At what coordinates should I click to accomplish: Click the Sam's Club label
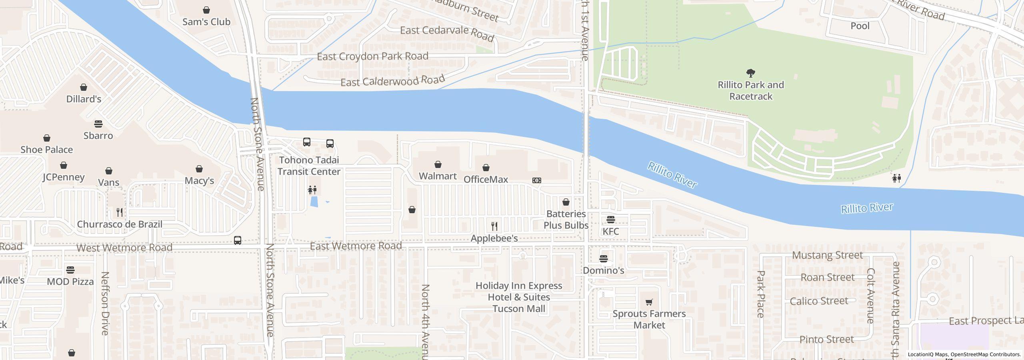click(x=206, y=22)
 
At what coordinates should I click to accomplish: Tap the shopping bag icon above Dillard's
click(x=84, y=87)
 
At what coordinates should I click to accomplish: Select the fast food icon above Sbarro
click(x=98, y=124)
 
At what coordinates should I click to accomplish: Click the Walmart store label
click(x=438, y=176)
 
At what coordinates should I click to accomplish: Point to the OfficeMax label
click(x=486, y=180)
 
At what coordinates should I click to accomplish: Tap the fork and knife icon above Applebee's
click(x=494, y=226)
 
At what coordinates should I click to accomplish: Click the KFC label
click(x=610, y=231)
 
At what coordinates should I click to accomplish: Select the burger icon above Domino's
click(x=604, y=258)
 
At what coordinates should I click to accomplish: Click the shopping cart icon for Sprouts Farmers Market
click(x=649, y=302)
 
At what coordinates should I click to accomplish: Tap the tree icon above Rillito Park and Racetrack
click(x=751, y=73)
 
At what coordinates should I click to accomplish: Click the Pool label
click(x=860, y=26)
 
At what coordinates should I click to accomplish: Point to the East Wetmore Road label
click(x=356, y=246)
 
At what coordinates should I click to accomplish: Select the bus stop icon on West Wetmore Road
click(x=238, y=240)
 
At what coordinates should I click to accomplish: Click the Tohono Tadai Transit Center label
click(x=309, y=166)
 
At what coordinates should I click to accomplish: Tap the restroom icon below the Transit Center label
click(x=312, y=190)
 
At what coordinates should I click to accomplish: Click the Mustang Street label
click(x=827, y=255)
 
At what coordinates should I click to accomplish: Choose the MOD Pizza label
click(x=70, y=282)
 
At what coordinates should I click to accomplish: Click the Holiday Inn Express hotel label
click(x=519, y=297)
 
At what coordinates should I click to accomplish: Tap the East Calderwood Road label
click(x=392, y=81)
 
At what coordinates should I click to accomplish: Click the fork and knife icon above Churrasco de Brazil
click(x=120, y=212)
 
